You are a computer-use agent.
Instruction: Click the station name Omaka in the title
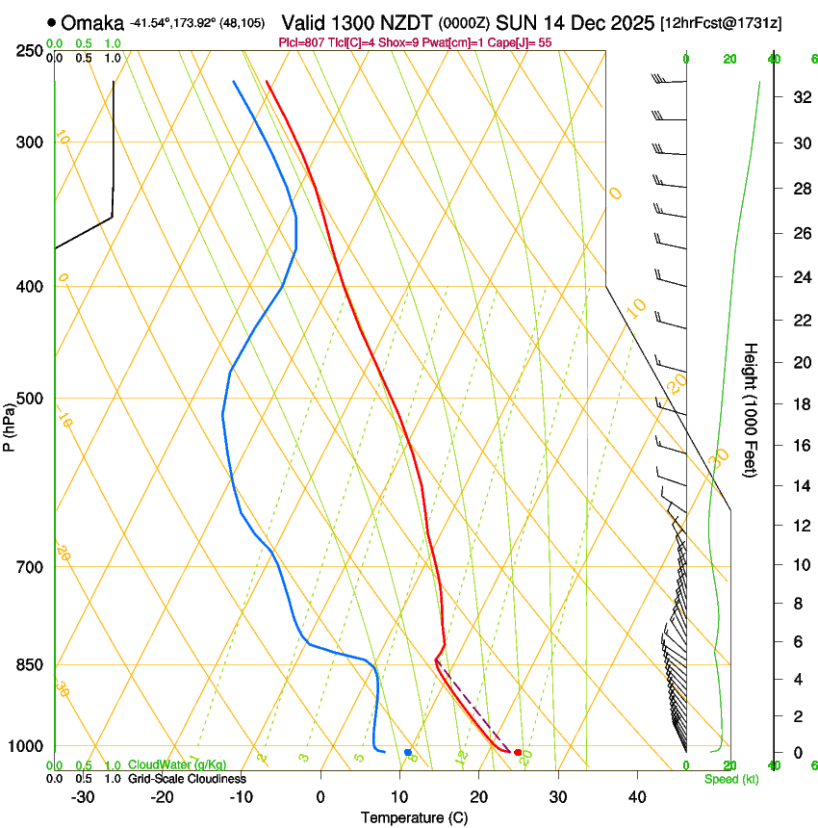pos(92,22)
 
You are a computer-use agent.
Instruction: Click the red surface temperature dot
pos(518,752)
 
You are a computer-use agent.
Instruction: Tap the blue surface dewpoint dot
pos(408,752)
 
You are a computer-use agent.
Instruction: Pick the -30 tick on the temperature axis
pos(83,797)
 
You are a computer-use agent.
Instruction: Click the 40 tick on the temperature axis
pos(637,797)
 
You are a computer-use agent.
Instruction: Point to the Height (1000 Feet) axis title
pos(752,410)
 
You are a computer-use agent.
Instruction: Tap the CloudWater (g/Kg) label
pos(177,764)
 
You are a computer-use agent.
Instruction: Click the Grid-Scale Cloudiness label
pos(187,778)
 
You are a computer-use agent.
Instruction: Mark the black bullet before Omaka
pos(51,22)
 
